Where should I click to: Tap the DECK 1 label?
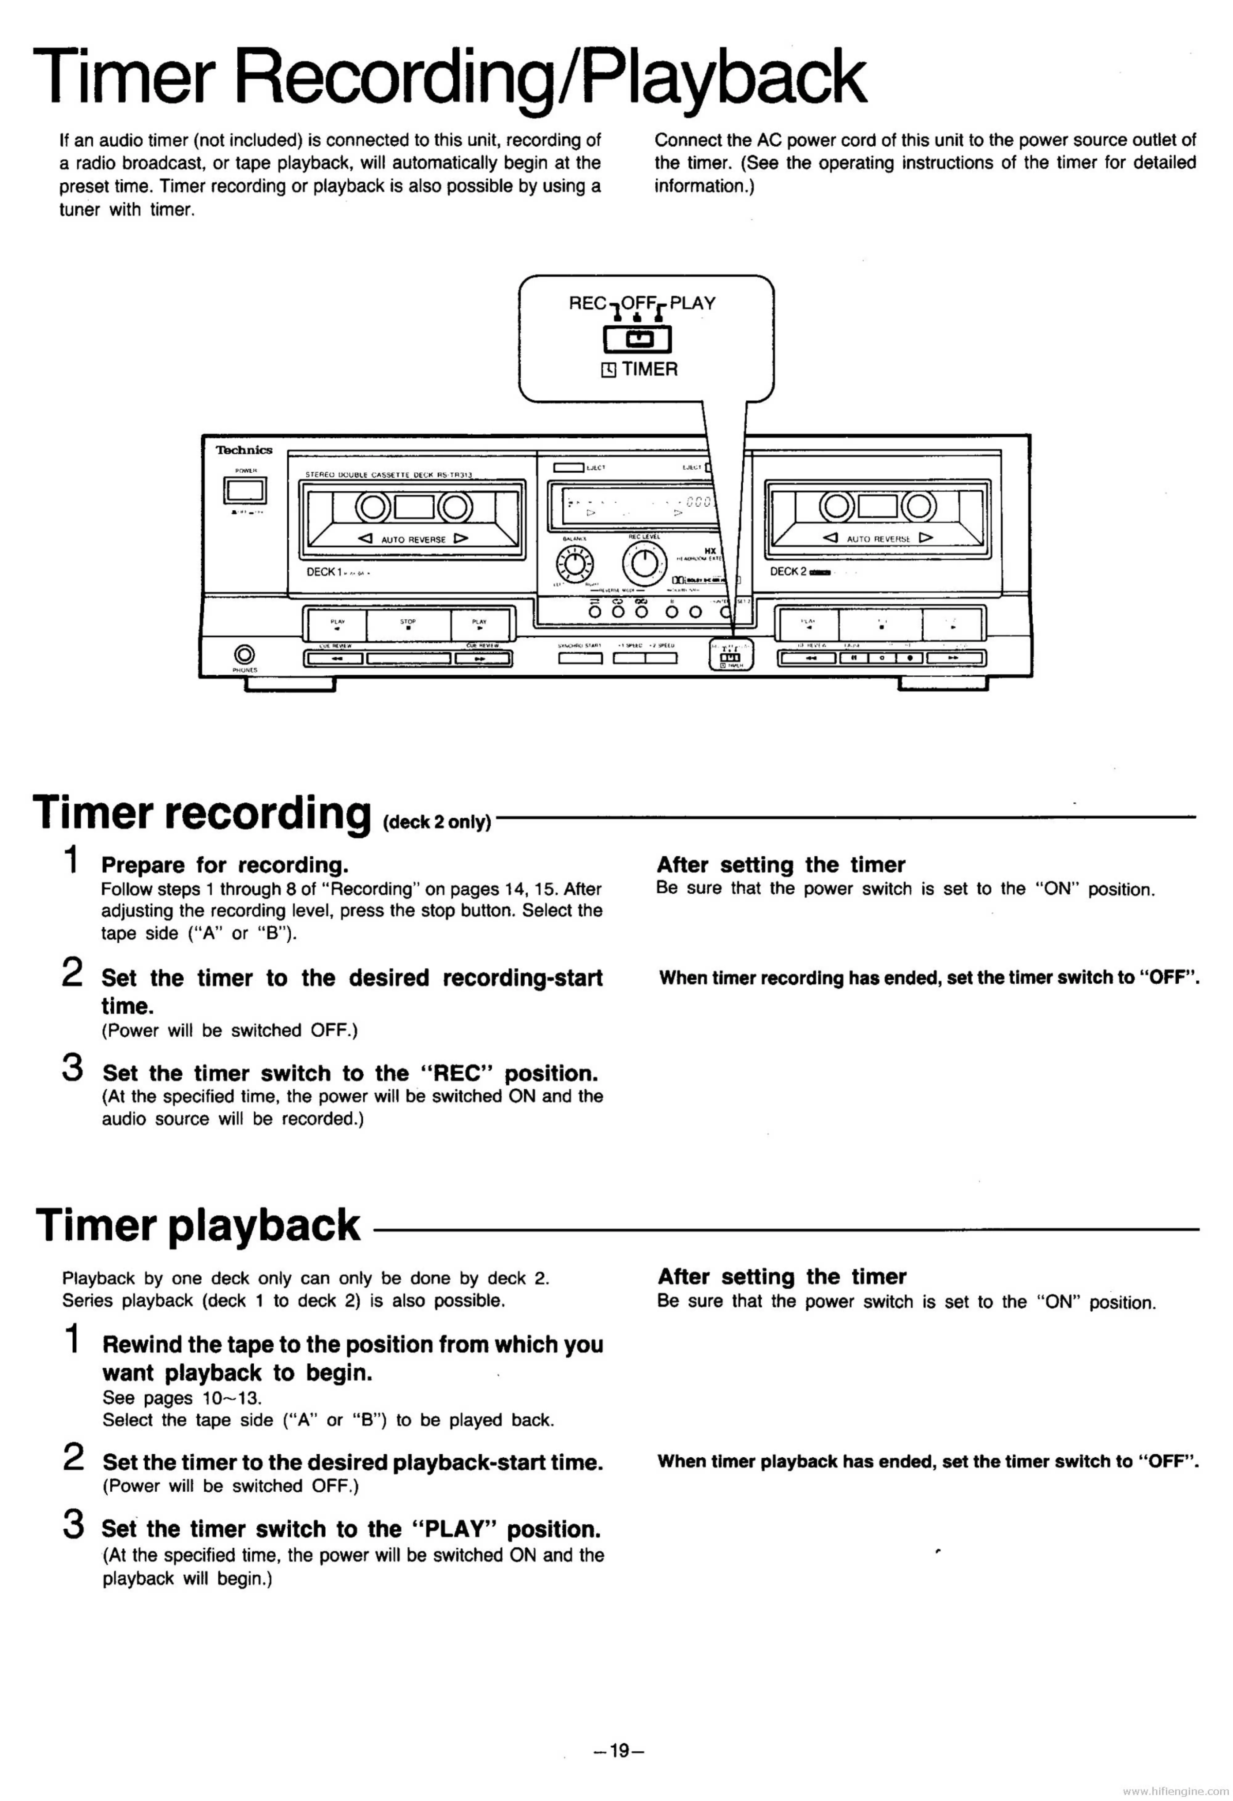pyautogui.click(x=324, y=572)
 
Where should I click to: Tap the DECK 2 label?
pyautogui.click(x=787, y=572)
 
